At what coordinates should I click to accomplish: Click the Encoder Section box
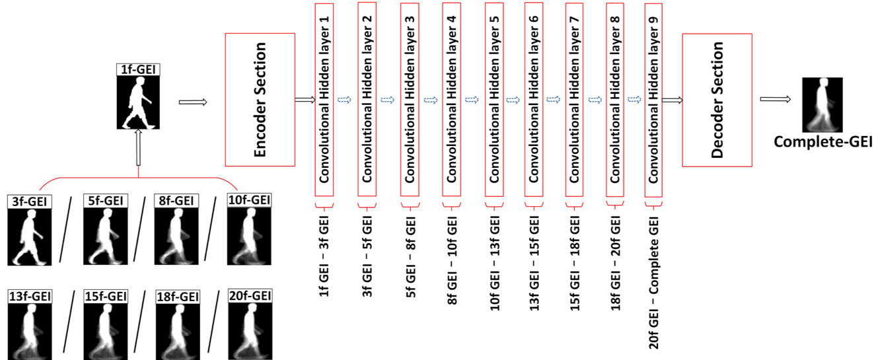coord(260,99)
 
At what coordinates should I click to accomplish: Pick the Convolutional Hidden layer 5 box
coord(494,99)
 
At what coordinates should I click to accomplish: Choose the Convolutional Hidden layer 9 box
coord(654,99)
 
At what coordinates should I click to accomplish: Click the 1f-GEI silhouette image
coord(138,100)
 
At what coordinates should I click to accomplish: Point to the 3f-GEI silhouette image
coord(28,233)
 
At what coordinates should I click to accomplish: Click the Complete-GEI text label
coord(823,141)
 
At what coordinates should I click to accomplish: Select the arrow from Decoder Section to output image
coord(774,100)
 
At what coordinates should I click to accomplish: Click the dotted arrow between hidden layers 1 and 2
coord(345,100)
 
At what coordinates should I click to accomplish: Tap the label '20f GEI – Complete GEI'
coord(655,278)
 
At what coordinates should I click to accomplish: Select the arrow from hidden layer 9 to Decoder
coord(671,100)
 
